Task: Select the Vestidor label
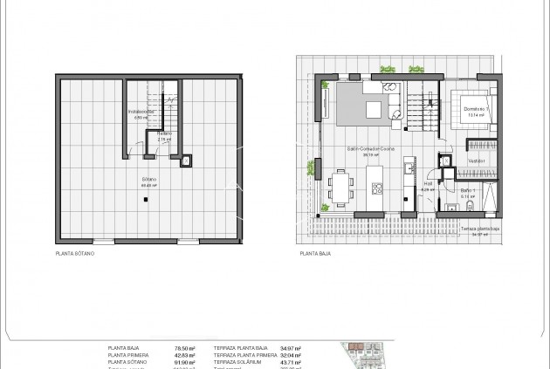[475, 161]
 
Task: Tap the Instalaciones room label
[141, 113]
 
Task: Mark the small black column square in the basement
[145, 200]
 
